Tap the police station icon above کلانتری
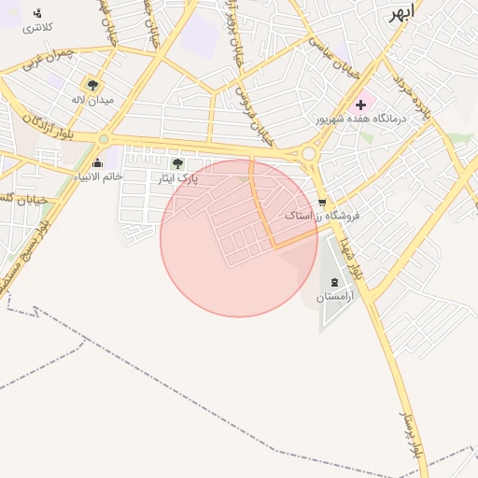click(37, 13)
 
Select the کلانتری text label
click(37, 28)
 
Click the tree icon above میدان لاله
click(92, 85)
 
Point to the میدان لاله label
click(93, 99)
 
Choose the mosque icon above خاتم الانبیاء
click(97, 163)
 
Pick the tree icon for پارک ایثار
click(177, 163)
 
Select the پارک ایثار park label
click(177, 177)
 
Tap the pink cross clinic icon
click(361, 104)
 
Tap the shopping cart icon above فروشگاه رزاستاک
click(321, 202)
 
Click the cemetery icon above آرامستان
click(334, 283)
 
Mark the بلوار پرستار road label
click(412, 435)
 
